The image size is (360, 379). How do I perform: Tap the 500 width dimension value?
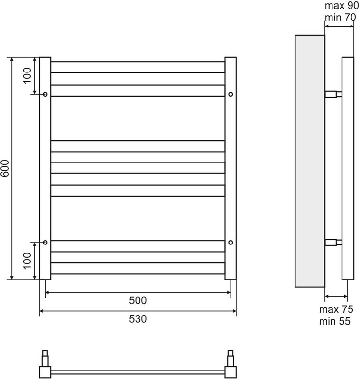(x=138, y=300)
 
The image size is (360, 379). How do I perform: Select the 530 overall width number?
(x=138, y=319)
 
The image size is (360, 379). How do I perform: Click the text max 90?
(x=342, y=7)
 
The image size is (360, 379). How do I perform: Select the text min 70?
(x=341, y=18)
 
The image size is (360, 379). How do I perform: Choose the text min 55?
(x=335, y=322)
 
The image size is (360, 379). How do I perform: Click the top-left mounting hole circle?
(x=45, y=95)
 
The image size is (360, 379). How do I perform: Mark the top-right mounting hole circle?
(x=231, y=95)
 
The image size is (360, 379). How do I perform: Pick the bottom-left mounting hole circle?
(x=45, y=243)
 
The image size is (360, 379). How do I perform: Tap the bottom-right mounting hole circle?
(x=231, y=243)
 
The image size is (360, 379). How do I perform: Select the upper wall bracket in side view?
(x=333, y=94)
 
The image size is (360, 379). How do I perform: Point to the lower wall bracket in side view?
(x=333, y=243)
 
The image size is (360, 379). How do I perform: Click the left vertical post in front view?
(x=45, y=168)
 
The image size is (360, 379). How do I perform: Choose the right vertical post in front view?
(x=231, y=168)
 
